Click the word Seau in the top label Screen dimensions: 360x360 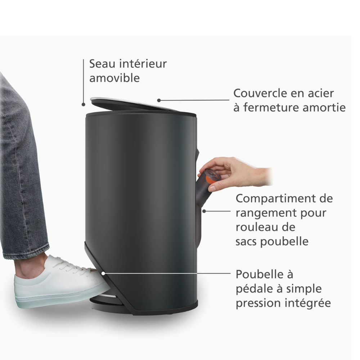click(102, 64)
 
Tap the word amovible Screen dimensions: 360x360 click(114, 78)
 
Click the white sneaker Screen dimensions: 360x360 click(57, 282)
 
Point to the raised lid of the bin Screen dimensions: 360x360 click(133, 104)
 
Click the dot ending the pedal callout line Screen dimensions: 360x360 click(103, 273)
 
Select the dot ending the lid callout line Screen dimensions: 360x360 click(159, 100)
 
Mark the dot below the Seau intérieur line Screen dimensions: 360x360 click(84, 104)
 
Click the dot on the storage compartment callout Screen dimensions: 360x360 click(204, 211)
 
